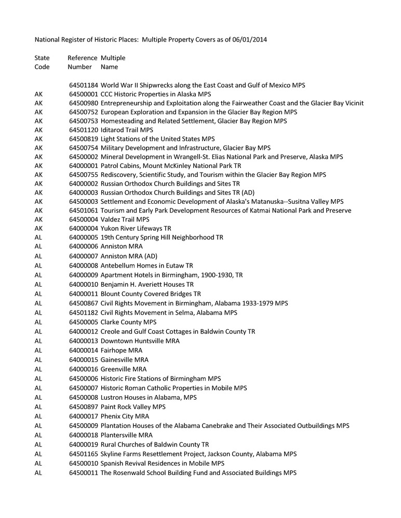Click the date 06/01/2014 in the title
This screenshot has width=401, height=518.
pyautogui.click(x=249, y=39)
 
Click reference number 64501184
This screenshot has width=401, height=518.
pyautogui.click(x=83, y=85)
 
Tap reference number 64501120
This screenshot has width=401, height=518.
pyautogui.click(x=83, y=130)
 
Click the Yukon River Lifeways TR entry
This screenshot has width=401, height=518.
pyautogui.click(x=136, y=228)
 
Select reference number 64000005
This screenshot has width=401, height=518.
pyautogui.click(x=83, y=237)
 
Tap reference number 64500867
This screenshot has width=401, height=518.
pyautogui.click(x=83, y=303)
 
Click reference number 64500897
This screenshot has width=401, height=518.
pyautogui.click(x=83, y=407)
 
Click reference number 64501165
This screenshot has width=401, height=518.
pyautogui.click(x=83, y=454)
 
